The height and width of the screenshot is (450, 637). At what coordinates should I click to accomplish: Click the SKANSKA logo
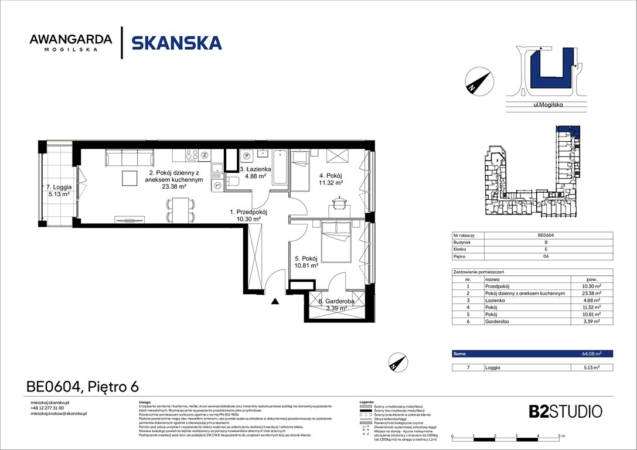point(176,43)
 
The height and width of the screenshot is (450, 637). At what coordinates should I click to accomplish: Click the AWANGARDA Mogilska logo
point(71,43)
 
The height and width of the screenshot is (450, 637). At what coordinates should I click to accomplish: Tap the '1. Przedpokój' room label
point(248,215)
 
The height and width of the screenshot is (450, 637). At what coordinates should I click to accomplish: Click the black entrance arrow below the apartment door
point(274,302)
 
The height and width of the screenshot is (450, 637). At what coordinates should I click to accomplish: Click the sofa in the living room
point(130,158)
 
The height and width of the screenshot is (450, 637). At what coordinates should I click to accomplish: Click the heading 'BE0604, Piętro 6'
point(83,386)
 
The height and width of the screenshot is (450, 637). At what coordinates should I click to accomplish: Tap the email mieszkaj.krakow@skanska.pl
point(59,414)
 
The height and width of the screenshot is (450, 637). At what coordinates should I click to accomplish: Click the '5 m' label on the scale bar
point(561,437)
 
